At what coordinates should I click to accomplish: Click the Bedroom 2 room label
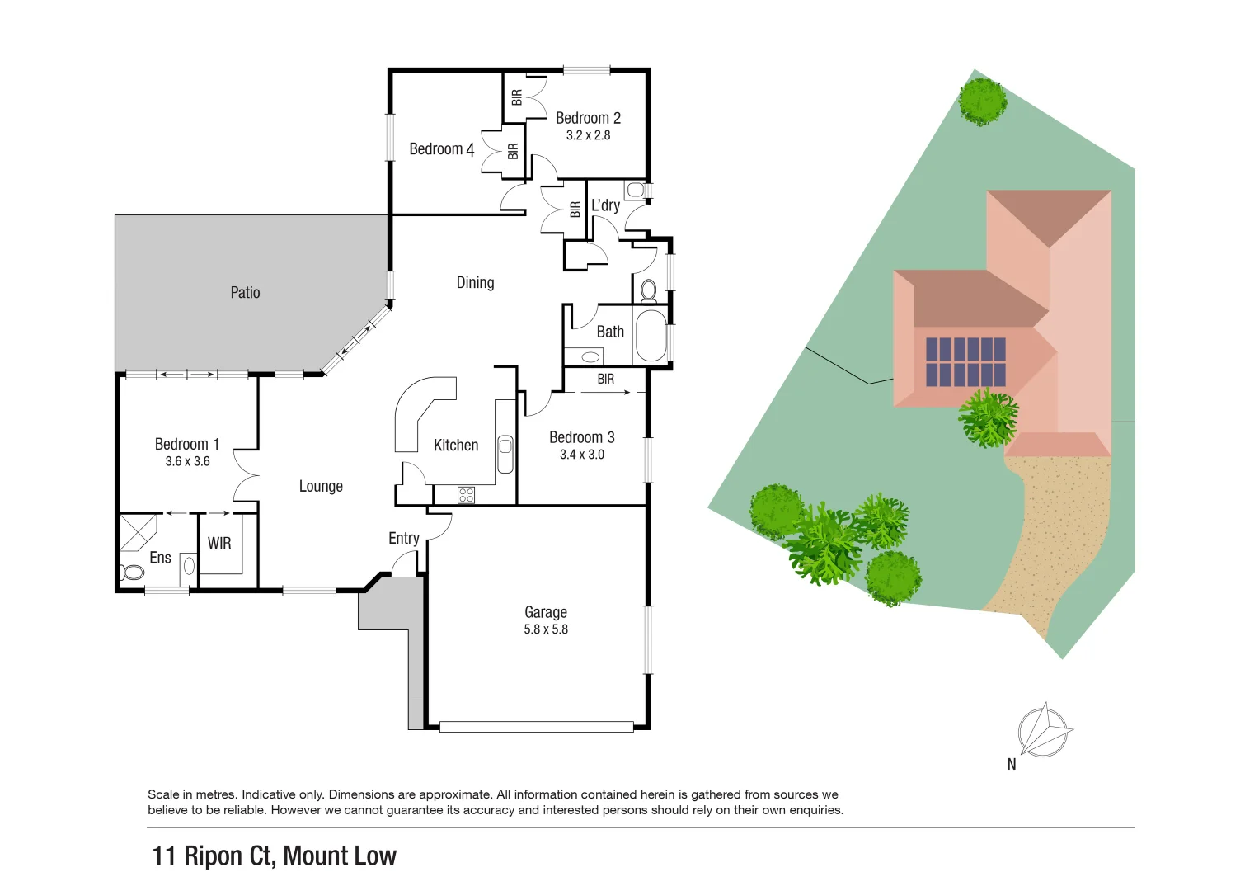pyautogui.click(x=588, y=118)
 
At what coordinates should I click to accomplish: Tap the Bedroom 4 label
pyautogui.click(x=441, y=149)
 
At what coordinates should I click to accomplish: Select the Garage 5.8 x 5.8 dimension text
pyautogui.click(x=546, y=629)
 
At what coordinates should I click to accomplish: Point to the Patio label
pyautogui.click(x=245, y=293)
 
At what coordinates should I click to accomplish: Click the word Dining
pyautogui.click(x=475, y=283)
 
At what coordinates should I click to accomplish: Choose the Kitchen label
pyautogui.click(x=456, y=445)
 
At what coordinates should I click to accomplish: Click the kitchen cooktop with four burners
pyautogui.click(x=466, y=495)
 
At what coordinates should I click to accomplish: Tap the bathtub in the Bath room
pyautogui.click(x=651, y=335)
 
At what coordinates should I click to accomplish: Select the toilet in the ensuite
pyautogui.click(x=132, y=572)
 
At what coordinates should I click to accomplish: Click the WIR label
pyautogui.click(x=219, y=544)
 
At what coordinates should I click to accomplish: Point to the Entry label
pyautogui.click(x=404, y=539)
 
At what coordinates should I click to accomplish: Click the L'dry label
pyautogui.click(x=605, y=205)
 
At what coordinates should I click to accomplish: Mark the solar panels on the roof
pyautogui.click(x=965, y=361)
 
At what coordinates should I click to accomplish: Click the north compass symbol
pyautogui.click(x=1044, y=730)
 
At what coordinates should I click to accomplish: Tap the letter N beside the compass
pyautogui.click(x=1012, y=765)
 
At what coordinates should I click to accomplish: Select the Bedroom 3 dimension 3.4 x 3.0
pyautogui.click(x=582, y=455)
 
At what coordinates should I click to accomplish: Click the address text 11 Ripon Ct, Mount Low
pyautogui.click(x=275, y=856)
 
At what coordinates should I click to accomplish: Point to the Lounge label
pyautogui.click(x=321, y=487)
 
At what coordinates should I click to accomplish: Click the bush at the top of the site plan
pyautogui.click(x=982, y=101)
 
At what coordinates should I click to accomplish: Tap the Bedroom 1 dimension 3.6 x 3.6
pyautogui.click(x=187, y=462)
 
